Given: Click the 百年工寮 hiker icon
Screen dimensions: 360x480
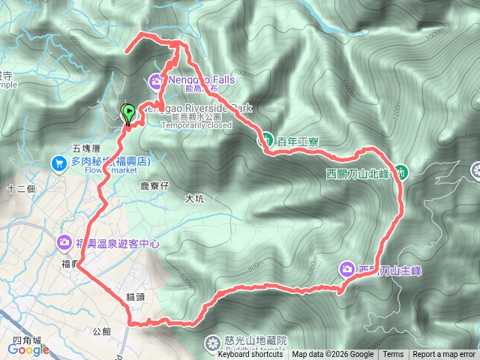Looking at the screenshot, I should [x=265, y=139].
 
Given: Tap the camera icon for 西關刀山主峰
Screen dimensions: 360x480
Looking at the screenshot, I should [x=346, y=268].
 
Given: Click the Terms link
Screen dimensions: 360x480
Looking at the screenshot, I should [x=393, y=355].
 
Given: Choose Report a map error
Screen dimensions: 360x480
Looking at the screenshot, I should [x=444, y=355].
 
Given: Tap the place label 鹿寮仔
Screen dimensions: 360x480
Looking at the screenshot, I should [x=155, y=184].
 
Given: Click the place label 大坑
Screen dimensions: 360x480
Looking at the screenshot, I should [x=194, y=199].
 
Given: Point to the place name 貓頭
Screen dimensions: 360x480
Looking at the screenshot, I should [x=135, y=297].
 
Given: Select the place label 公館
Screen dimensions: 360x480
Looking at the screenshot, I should [x=101, y=331].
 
